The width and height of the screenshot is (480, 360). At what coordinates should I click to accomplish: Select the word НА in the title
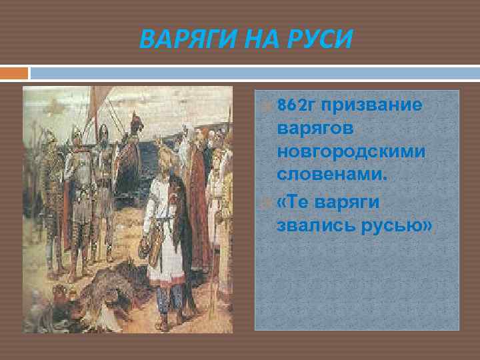pos(255,38)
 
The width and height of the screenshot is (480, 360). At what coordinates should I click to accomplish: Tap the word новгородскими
pos(351,153)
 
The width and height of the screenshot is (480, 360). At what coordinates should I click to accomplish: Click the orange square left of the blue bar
pos(14,73)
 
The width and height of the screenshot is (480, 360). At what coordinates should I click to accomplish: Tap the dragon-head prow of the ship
pos(137,123)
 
